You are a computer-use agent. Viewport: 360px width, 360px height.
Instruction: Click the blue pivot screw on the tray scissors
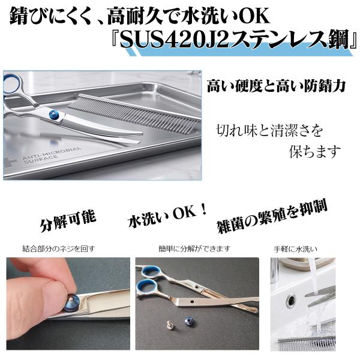click(54, 114)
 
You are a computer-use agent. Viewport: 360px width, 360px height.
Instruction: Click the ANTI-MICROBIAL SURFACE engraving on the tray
click(51, 155)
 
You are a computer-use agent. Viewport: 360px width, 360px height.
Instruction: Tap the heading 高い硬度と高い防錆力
click(276, 85)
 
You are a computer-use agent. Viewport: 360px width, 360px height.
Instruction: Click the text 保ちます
click(314, 151)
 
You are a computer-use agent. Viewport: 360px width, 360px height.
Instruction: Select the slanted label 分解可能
click(68, 220)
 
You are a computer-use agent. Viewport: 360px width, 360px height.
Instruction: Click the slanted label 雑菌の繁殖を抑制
click(272, 218)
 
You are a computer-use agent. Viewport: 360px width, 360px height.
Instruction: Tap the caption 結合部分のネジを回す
click(59, 248)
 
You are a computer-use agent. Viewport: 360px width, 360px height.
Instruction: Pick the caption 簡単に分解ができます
click(194, 248)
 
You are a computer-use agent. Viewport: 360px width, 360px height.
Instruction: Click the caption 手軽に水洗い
click(295, 249)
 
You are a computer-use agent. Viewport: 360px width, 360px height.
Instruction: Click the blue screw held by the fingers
click(71, 302)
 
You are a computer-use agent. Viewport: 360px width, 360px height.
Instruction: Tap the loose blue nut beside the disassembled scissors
click(188, 321)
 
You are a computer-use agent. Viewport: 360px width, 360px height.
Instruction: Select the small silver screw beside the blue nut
click(170, 324)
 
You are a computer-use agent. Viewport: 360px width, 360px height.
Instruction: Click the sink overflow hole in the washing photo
click(291, 300)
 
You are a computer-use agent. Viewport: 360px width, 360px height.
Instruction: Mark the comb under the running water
click(307, 343)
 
